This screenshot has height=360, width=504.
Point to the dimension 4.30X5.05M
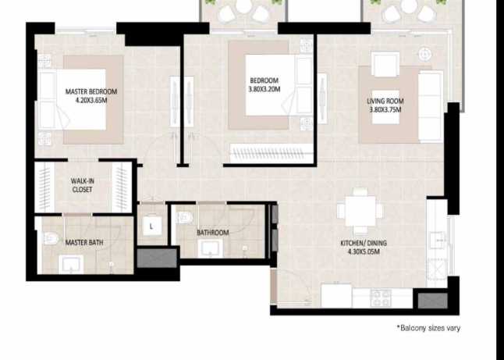[x=363, y=253]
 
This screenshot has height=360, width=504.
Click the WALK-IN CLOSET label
[x=83, y=185]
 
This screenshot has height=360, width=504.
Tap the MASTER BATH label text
[x=83, y=243]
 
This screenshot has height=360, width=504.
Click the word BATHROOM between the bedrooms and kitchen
[x=212, y=233]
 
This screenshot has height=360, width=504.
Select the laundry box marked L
[x=151, y=226]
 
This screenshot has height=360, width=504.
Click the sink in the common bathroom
[x=208, y=249]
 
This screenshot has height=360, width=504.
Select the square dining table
[x=360, y=211]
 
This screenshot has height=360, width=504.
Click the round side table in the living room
[x=424, y=54]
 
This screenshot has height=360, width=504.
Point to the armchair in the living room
[x=385, y=64]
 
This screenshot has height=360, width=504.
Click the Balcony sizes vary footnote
[x=428, y=328]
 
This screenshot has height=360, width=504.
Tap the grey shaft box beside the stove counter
[x=428, y=299]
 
